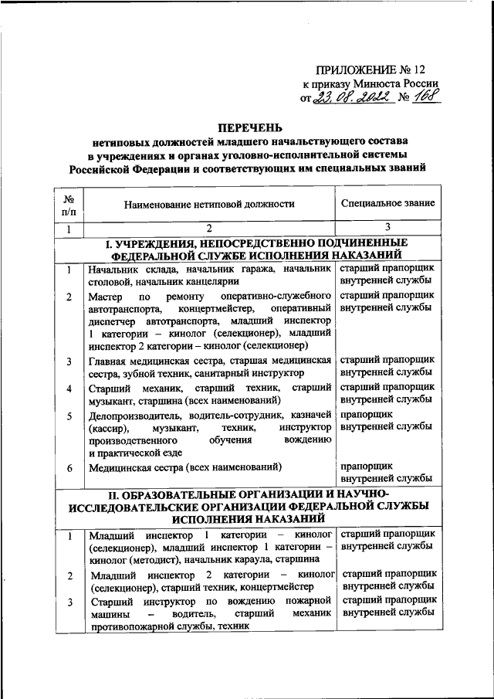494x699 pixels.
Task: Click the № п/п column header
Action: (x=69, y=204)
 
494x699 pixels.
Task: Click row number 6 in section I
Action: (x=69, y=467)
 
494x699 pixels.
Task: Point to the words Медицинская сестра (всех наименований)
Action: (x=184, y=467)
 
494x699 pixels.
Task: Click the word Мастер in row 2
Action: (x=103, y=297)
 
